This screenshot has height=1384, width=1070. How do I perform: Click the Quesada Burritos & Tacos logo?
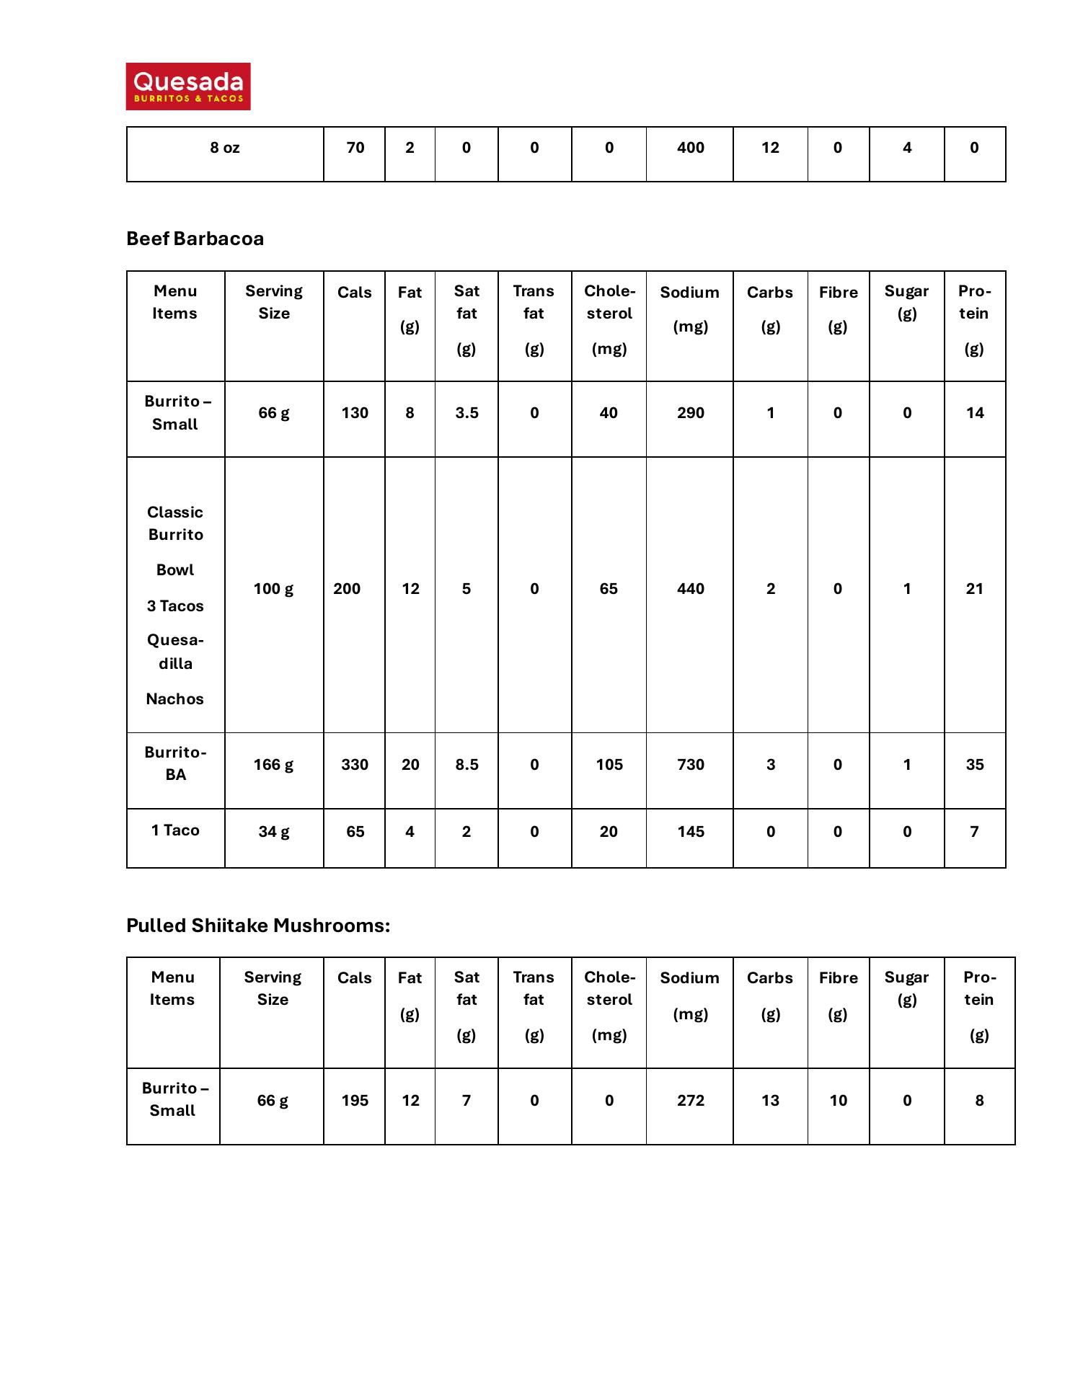188,86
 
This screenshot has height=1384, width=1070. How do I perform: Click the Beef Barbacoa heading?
195,239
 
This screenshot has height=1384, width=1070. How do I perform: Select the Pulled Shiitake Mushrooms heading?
257,926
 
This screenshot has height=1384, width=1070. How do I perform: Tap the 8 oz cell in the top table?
225,148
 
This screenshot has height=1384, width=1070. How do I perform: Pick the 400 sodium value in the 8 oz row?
690,148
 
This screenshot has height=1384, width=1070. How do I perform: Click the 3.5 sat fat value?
467,413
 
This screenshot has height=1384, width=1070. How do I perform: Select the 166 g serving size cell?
273,765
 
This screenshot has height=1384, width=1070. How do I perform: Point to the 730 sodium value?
690,765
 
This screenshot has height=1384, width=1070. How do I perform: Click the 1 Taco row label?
175,830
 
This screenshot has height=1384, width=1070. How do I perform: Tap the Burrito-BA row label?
175,763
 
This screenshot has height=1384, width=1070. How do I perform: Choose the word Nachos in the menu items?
175,699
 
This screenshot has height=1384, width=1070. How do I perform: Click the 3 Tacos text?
175,606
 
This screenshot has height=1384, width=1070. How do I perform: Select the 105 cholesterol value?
609,765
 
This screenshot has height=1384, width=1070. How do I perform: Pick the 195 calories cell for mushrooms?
355,1101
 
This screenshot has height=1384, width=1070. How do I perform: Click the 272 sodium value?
690,1101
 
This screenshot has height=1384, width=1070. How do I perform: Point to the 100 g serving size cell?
273,589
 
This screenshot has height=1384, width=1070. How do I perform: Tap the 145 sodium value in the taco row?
690,832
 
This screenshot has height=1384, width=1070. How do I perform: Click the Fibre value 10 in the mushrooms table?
838,1101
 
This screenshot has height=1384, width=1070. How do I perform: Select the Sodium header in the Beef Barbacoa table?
690,293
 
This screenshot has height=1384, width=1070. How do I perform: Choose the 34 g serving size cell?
273,832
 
